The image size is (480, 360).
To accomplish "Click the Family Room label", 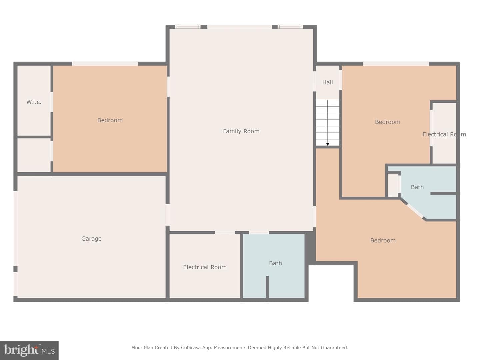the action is pyautogui.click(x=241, y=131).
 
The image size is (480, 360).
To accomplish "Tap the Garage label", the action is pyautogui.click(x=91, y=238).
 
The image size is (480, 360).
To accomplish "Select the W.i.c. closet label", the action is pyautogui.click(x=34, y=102).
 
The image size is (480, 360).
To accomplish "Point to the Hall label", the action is pyautogui.click(x=327, y=82).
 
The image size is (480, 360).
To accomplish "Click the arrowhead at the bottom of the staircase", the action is pyautogui.click(x=328, y=144).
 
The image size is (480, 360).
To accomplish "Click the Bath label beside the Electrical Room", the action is pyautogui.click(x=275, y=263).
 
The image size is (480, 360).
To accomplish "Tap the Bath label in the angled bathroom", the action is pyautogui.click(x=417, y=187).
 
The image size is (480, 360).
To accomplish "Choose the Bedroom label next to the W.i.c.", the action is pyautogui.click(x=110, y=120).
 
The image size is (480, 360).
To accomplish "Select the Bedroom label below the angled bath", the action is pyautogui.click(x=383, y=240).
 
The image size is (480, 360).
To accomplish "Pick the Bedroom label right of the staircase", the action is pyautogui.click(x=387, y=122).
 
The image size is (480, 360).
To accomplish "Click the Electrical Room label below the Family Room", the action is pyautogui.click(x=205, y=267).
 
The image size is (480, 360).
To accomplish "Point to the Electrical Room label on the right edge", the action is pyautogui.click(x=444, y=134).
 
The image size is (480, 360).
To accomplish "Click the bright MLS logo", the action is pyautogui.click(x=29, y=350).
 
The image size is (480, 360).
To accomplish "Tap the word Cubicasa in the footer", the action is pyautogui.click(x=190, y=348).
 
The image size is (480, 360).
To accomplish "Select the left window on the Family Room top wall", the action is pyautogui.click(x=188, y=27).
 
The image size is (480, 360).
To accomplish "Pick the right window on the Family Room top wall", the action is pyautogui.click(x=290, y=27).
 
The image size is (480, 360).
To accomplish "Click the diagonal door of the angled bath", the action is pyautogui.click(x=415, y=211).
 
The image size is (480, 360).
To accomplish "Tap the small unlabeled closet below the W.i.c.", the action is pyautogui.click(x=34, y=155).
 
